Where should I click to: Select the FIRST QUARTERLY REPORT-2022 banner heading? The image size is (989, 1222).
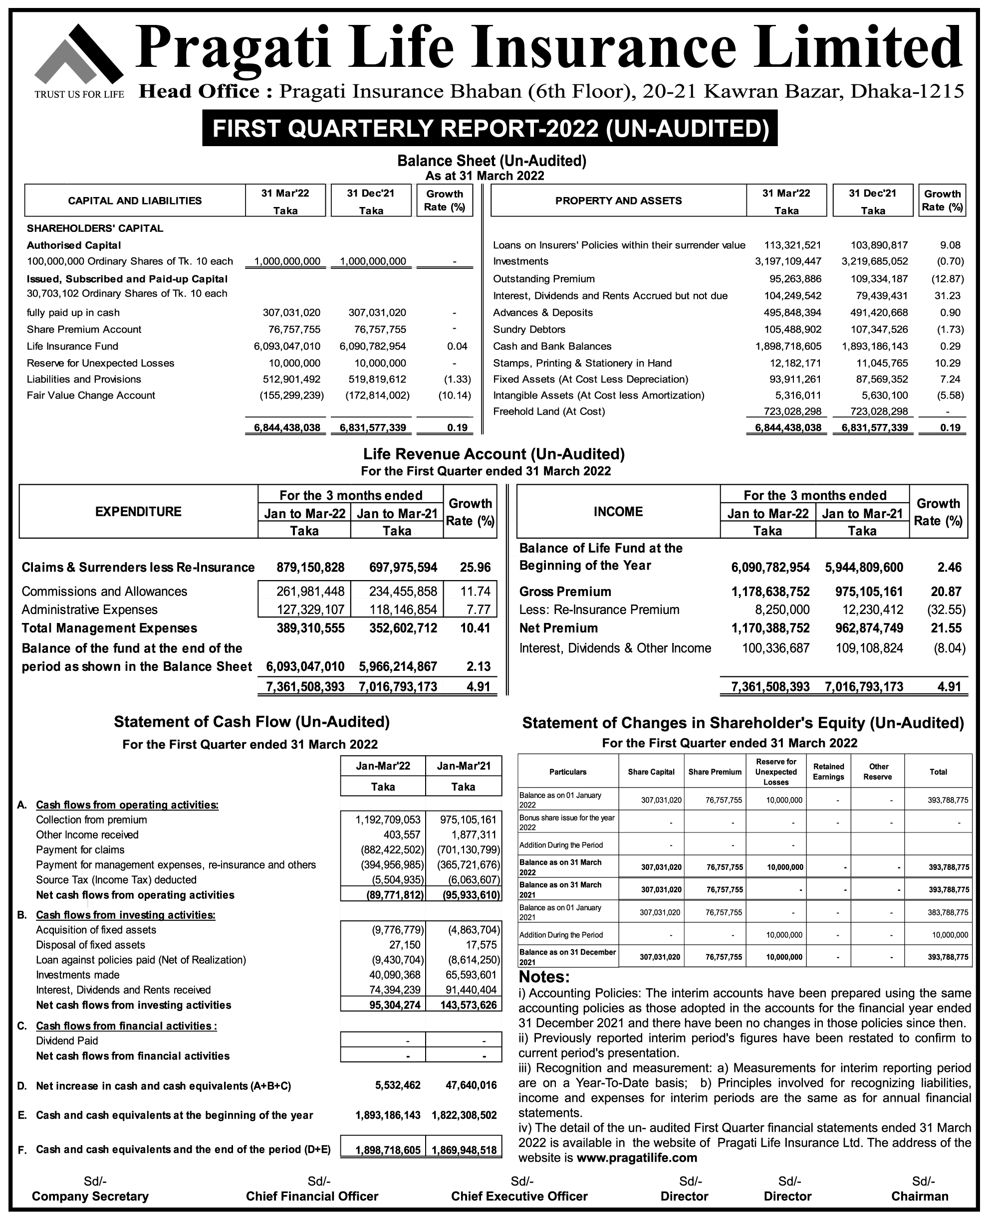[490, 129]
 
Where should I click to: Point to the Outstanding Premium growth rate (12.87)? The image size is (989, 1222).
[948, 279]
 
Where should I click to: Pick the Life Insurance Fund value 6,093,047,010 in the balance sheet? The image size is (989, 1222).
[286, 346]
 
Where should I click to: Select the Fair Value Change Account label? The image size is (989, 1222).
[91, 395]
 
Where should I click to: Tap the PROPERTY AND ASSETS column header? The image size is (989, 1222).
[618, 201]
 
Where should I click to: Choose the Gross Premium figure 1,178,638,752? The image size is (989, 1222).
[770, 592]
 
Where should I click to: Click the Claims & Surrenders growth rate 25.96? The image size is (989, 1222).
[475, 567]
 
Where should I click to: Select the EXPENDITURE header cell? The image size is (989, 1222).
[138, 511]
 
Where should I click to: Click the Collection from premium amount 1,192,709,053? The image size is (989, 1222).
[388, 820]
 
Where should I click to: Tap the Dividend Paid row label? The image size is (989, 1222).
[67, 1041]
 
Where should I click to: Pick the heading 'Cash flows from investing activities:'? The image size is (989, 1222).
[125, 915]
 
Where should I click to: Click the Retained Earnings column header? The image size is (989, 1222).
[828, 772]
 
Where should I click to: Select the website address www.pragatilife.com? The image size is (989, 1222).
[637, 1158]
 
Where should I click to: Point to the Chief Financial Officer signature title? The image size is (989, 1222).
[312, 1197]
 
